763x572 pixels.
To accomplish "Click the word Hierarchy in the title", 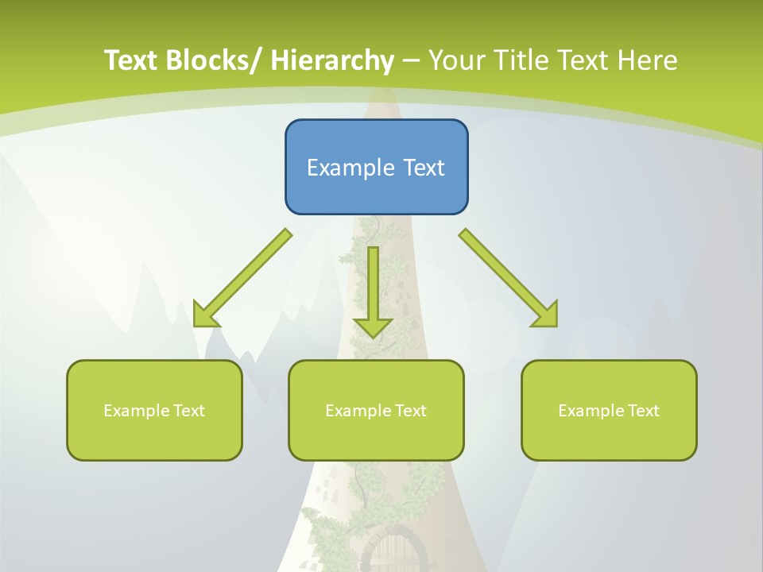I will click(332, 60).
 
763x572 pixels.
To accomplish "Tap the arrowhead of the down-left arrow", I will click(205, 315).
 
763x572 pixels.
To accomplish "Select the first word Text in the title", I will click(131, 60).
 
